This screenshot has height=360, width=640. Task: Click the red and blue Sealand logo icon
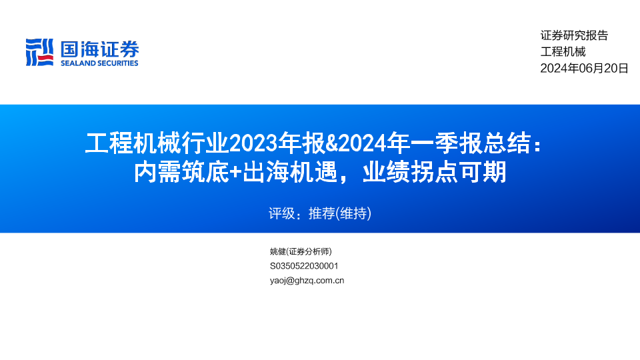click(x=39, y=52)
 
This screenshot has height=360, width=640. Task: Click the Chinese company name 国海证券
click(x=99, y=49)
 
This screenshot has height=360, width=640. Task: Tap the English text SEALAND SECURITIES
click(x=99, y=63)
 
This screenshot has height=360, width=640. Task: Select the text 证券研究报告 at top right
click(x=574, y=35)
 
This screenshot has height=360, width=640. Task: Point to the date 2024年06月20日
click(x=585, y=68)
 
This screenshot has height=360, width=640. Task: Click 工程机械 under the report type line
click(x=563, y=52)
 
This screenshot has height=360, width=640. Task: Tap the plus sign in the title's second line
click(x=235, y=172)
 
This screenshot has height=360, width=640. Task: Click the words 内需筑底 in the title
click(x=181, y=172)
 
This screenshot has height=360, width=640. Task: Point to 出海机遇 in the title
click(x=290, y=172)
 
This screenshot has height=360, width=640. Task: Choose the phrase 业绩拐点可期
click(x=435, y=172)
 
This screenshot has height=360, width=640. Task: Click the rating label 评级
click(x=281, y=213)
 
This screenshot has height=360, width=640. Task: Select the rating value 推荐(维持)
click(x=340, y=213)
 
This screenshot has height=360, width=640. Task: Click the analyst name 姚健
click(x=278, y=251)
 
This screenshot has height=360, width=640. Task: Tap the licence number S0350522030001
click(x=304, y=266)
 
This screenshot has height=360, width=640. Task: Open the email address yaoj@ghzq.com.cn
click(x=307, y=281)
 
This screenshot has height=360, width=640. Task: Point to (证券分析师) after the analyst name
click(x=309, y=251)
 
